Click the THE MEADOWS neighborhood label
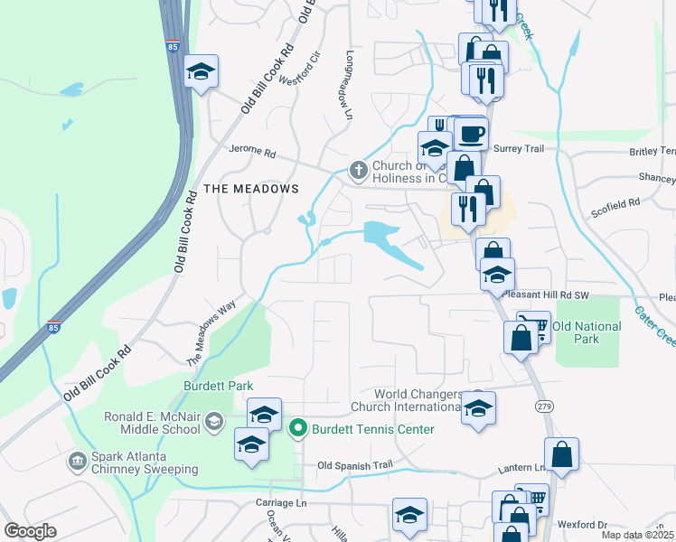click(x=250, y=188)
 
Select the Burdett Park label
click(x=219, y=386)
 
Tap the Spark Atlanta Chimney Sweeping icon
click(x=77, y=462)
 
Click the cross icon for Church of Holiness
click(x=358, y=169)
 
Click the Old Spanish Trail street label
click(x=356, y=465)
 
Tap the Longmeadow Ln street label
click(x=347, y=84)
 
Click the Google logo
click(x=30, y=531)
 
